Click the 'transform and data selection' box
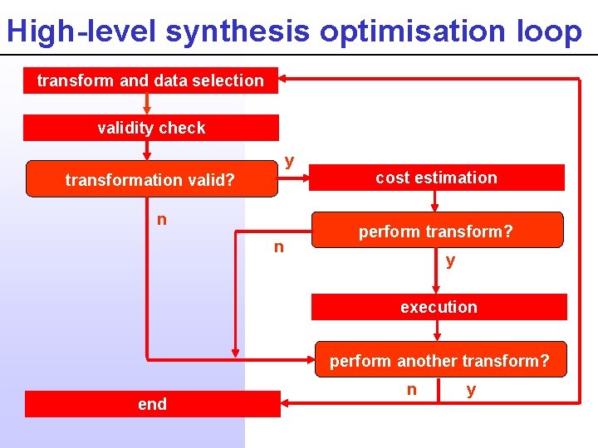tap(150, 80)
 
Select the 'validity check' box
tap(150, 128)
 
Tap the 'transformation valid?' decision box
tap(150, 179)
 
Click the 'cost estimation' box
tap(436, 178)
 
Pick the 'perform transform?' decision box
tap(436, 231)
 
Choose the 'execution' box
tap(439, 307)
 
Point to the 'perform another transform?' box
tap(439, 361)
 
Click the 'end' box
tap(152, 404)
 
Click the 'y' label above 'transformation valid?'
tap(289, 159)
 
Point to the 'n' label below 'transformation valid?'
tap(162, 219)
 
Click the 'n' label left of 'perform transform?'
tap(279, 246)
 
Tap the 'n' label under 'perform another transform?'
tap(412, 389)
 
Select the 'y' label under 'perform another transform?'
tap(471, 389)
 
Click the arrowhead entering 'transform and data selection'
tap(284, 79)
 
